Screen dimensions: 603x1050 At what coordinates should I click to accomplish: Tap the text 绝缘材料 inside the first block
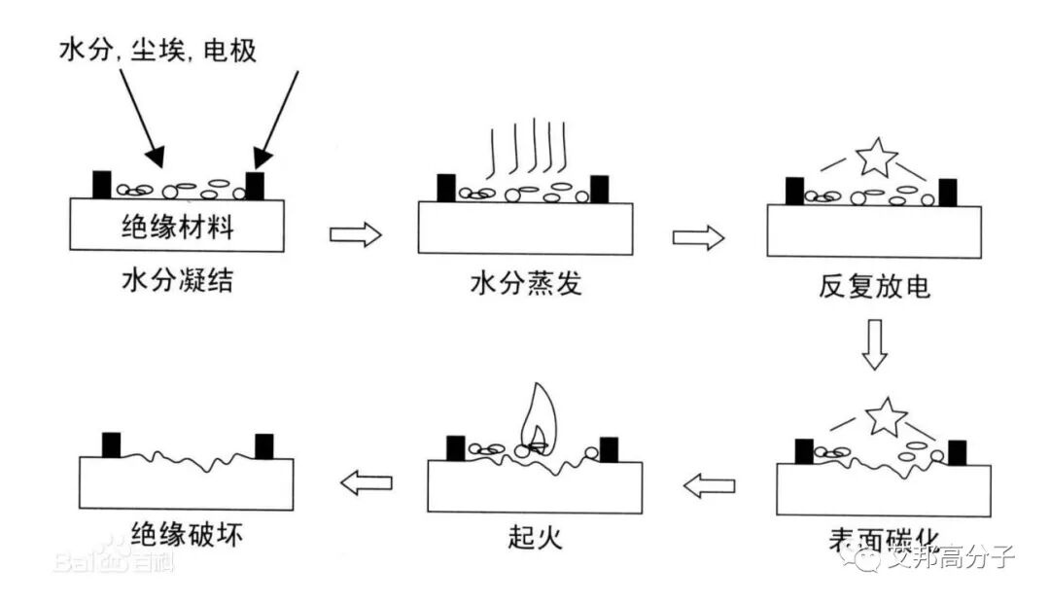[x=177, y=229]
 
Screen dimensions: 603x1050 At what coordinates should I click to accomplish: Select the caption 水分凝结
[x=177, y=282]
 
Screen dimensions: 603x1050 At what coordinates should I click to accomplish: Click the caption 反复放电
[x=874, y=288]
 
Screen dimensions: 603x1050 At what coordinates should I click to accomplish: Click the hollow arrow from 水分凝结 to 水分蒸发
[x=355, y=234]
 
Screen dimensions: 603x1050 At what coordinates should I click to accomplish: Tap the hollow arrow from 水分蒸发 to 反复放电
[x=698, y=236]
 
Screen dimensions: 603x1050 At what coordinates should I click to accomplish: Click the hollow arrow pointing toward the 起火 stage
[x=709, y=484]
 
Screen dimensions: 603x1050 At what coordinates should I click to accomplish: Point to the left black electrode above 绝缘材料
[x=101, y=185]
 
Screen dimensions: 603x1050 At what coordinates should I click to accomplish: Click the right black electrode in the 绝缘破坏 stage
[x=263, y=446]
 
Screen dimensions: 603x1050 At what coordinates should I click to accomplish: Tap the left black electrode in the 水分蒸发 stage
[x=446, y=188]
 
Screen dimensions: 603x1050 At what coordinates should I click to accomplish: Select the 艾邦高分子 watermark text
[x=951, y=557]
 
